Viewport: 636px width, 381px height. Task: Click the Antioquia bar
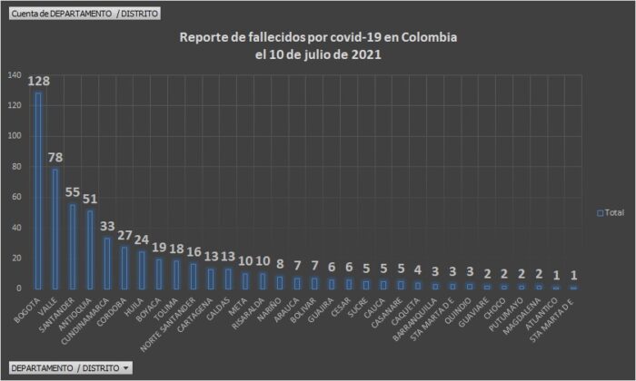[90, 249]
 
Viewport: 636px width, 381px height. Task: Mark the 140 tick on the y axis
[16, 75]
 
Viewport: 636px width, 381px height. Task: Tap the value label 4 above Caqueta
[417, 269]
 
